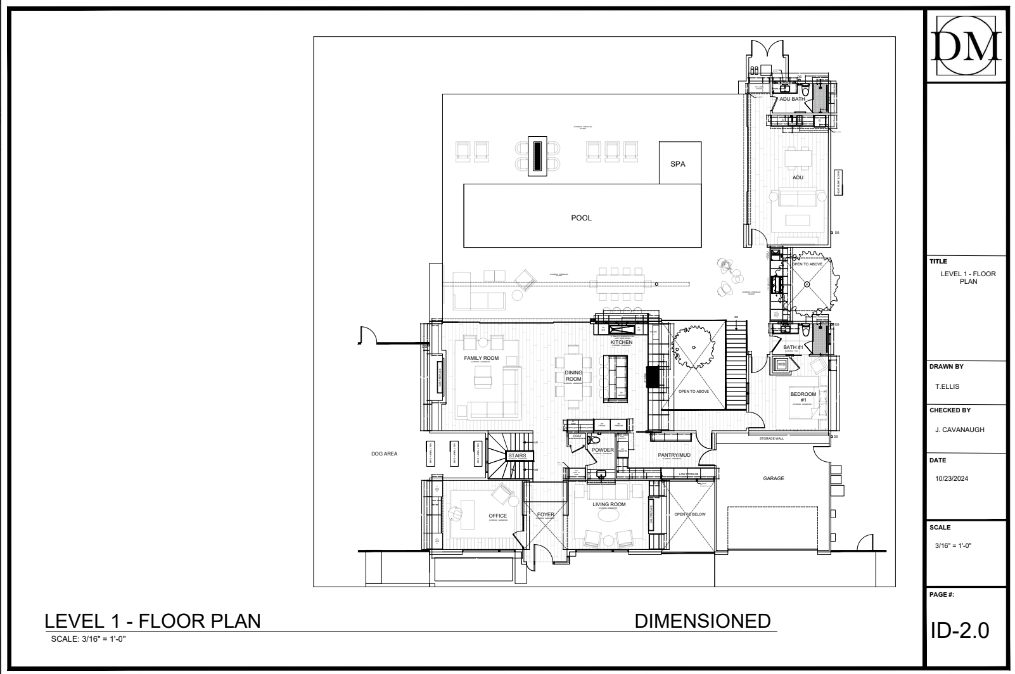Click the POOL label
pos(581,218)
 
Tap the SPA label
pos(677,165)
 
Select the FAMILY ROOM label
pos(481,359)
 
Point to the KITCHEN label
pos(621,343)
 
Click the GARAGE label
pos(773,479)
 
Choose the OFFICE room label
pos(497,516)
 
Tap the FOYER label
pos(546,515)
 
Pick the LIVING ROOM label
pos(609,505)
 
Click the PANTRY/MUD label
pos(673,455)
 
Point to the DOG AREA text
pos(384,454)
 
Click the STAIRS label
pos(516,456)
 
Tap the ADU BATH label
pos(792,99)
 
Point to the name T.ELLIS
pos(946,386)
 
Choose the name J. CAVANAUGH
pos(959,430)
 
